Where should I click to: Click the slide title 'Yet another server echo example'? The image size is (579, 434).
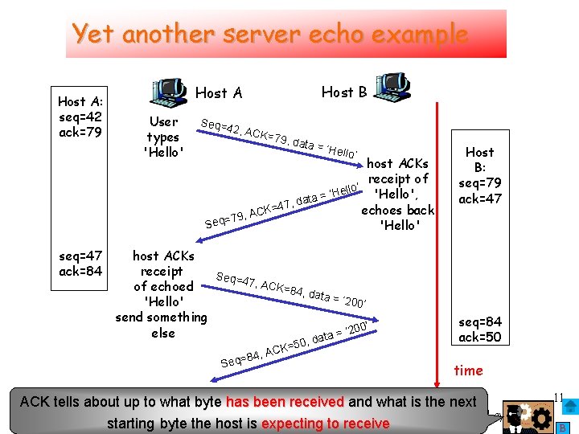click(x=269, y=34)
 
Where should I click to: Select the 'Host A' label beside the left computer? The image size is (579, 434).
click(x=219, y=93)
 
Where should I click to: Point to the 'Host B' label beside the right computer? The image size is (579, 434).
click(x=344, y=92)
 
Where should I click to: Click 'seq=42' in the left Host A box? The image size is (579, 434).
click(x=80, y=117)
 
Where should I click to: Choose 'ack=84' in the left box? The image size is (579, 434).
click(x=80, y=271)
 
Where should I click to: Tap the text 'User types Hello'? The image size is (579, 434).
click(x=163, y=137)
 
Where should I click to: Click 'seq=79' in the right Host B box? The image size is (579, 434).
click(x=480, y=182)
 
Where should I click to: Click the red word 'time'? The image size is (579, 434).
click(x=468, y=371)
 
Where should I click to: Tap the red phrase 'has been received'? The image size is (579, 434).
click(x=284, y=402)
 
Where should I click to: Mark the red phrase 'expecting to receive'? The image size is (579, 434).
click(x=325, y=423)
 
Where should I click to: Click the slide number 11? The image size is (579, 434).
click(x=561, y=395)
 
